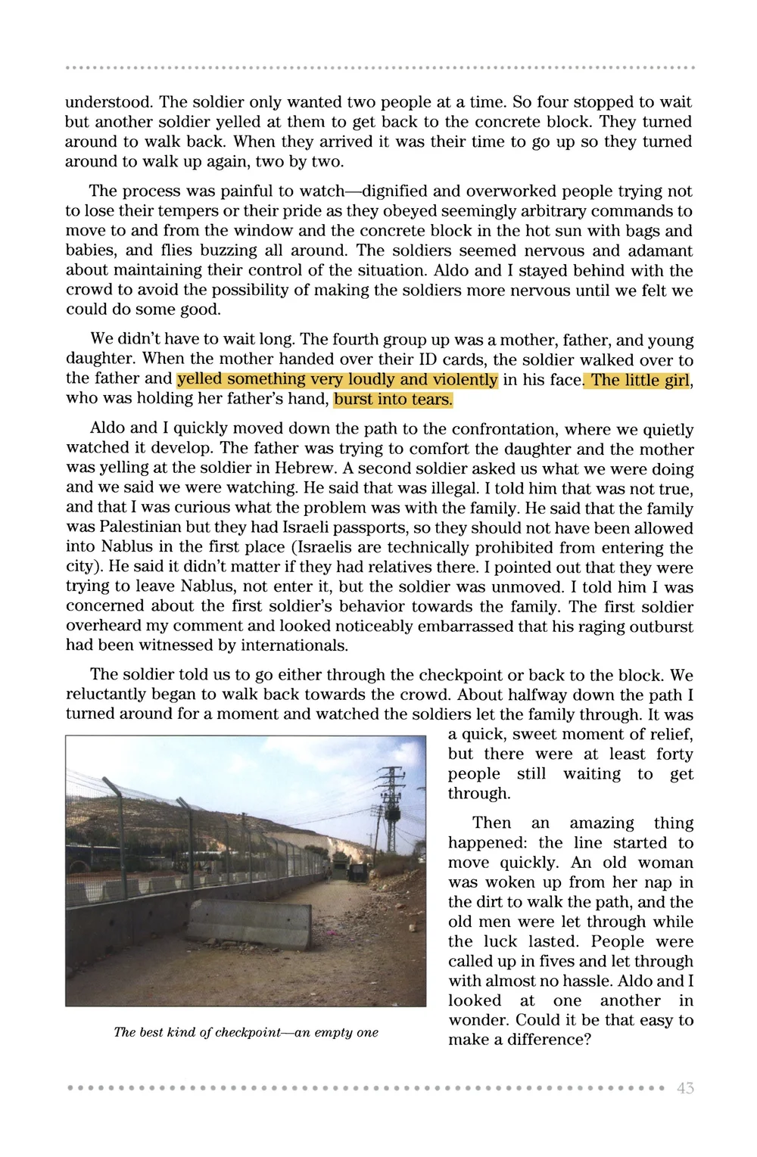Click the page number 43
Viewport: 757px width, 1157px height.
pyautogui.click(x=685, y=1088)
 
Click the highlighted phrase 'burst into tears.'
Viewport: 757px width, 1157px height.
pyautogui.click(x=393, y=399)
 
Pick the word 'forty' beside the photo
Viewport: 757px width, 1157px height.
pyautogui.click(x=673, y=754)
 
